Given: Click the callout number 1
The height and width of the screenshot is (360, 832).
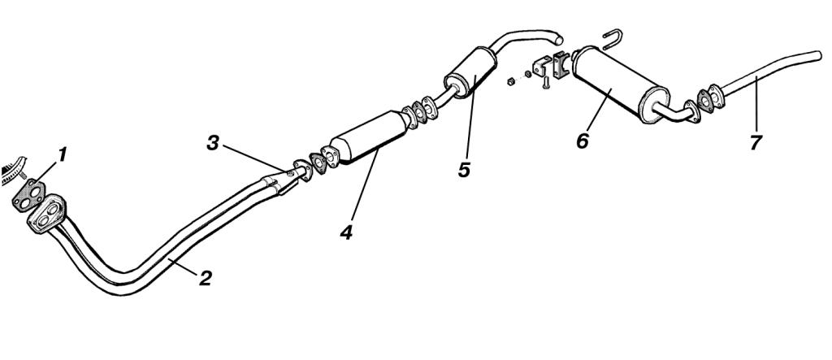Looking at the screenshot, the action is (63, 155).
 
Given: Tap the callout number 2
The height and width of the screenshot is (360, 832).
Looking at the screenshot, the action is (206, 278).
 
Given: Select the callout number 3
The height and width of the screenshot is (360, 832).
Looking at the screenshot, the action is (213, 143).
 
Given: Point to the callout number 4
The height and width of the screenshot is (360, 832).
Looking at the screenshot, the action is (346, 232).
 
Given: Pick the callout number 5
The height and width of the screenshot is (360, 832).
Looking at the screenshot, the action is (464, 170).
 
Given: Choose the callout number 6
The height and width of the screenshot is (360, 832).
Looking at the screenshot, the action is (582, 141).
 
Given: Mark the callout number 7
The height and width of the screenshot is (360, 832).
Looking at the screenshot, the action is (756, 143).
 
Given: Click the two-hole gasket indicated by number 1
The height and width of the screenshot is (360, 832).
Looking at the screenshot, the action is (28, 195).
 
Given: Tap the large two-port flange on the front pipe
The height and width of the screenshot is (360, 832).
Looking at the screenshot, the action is (47, 214).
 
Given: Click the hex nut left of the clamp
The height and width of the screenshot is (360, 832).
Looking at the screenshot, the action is (511, 81).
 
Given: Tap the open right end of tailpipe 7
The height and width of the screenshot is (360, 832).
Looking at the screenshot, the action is (817, 56).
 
